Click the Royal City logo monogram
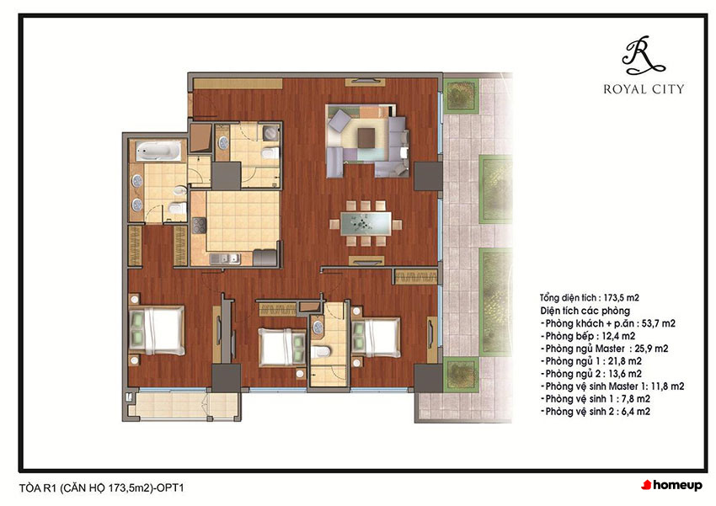tap(643, 56)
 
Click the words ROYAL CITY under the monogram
tap(644, 89)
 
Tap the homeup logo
tap(671, 485)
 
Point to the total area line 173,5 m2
tap(589, 298)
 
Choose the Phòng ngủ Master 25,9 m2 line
tap(605, 349)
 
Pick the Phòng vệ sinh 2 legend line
tap(596, 412)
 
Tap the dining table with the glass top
tap(366, 224)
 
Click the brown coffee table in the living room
tap(366, 138)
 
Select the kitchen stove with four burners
tap(199, 226)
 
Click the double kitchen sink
tap(225, 258)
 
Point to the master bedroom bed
tap(157, 329)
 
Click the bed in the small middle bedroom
tap(281, 347)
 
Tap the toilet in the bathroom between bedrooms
tap(321, 351)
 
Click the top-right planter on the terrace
tap(461, 95)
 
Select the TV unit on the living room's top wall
tap(366, 83)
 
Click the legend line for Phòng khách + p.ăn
tap(608, 323)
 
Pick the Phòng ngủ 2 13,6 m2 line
tap(591, 374)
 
